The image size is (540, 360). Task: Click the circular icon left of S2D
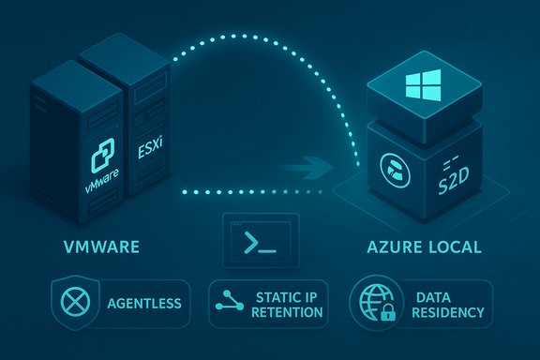point(393,170)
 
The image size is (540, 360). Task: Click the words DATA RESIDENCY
point(445,304)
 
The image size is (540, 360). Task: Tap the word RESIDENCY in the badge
point(445,312)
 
